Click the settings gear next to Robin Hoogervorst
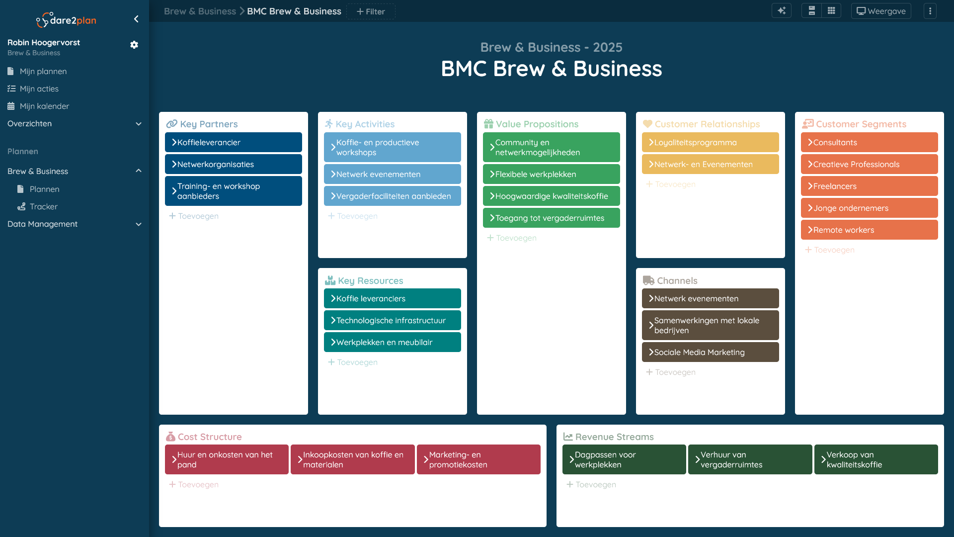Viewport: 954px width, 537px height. [134, 45]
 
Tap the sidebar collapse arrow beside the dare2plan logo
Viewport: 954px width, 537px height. [136, 19]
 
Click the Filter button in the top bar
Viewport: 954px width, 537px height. [371, 11]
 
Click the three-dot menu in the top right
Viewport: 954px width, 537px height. [930, 11]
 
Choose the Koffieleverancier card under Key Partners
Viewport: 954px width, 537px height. [234, 142]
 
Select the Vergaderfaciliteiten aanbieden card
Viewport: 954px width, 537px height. [393, 196]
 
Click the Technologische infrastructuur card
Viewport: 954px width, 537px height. [393, 320]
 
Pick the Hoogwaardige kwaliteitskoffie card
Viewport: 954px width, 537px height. [552, 196]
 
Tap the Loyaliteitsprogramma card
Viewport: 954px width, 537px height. [711, 142]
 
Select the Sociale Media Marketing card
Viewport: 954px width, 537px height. [711, 352]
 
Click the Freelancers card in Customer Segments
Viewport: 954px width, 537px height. [870, 186]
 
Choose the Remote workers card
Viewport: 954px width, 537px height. [870, 230]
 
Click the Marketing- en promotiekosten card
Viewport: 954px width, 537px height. [478, 459]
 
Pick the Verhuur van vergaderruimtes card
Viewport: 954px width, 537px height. [750, 459]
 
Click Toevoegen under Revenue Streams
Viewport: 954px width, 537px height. [591, 484]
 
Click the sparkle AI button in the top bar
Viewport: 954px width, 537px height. [782, 11]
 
